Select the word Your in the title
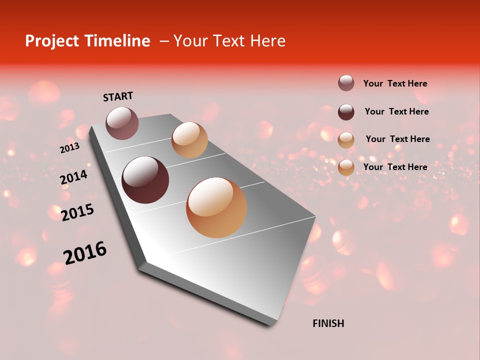(x=190, y=41)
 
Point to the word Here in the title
(x=267, y=41)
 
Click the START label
(x=118, y=96)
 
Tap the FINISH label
(x=328, y=323)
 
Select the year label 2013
(x=69, y=148)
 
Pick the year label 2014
(x=74, y=177)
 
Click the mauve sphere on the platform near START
(x=122, y=123)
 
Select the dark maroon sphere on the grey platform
(x=145, y=180)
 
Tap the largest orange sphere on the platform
(x=216, y=207)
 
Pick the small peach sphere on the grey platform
(x=189, y=140)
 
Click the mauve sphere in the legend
(x=346, y=83)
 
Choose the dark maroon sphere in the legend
(x=346, y=112)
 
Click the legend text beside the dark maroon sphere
(x=396, y=111)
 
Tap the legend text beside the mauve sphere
(x=395, y=83)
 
